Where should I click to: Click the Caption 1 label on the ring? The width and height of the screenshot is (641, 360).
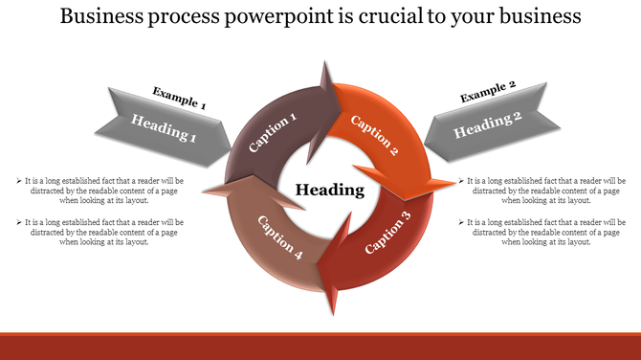(x=273, y=133)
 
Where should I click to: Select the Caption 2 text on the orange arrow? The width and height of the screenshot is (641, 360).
(x=375, y=135)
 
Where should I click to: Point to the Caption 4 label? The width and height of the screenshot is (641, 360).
(x=280, y=238)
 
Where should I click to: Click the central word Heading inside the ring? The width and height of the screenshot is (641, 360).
(x=329, y=190)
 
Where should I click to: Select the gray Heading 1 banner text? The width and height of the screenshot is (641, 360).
(x=164, y=127)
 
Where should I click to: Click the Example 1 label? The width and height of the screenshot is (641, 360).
(x=179, y=98)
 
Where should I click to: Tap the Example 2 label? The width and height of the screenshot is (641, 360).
(x=488, y=91)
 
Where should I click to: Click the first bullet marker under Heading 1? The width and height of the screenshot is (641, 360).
(x=19, y=180)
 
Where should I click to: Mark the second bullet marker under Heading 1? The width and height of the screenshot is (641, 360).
(x=19, y=222)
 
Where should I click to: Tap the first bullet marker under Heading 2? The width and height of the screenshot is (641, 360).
(x=462, y=180)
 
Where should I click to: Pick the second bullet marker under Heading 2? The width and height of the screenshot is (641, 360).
(x=462, y=222)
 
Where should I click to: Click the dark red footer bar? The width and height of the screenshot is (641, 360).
(x=320, y=346)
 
